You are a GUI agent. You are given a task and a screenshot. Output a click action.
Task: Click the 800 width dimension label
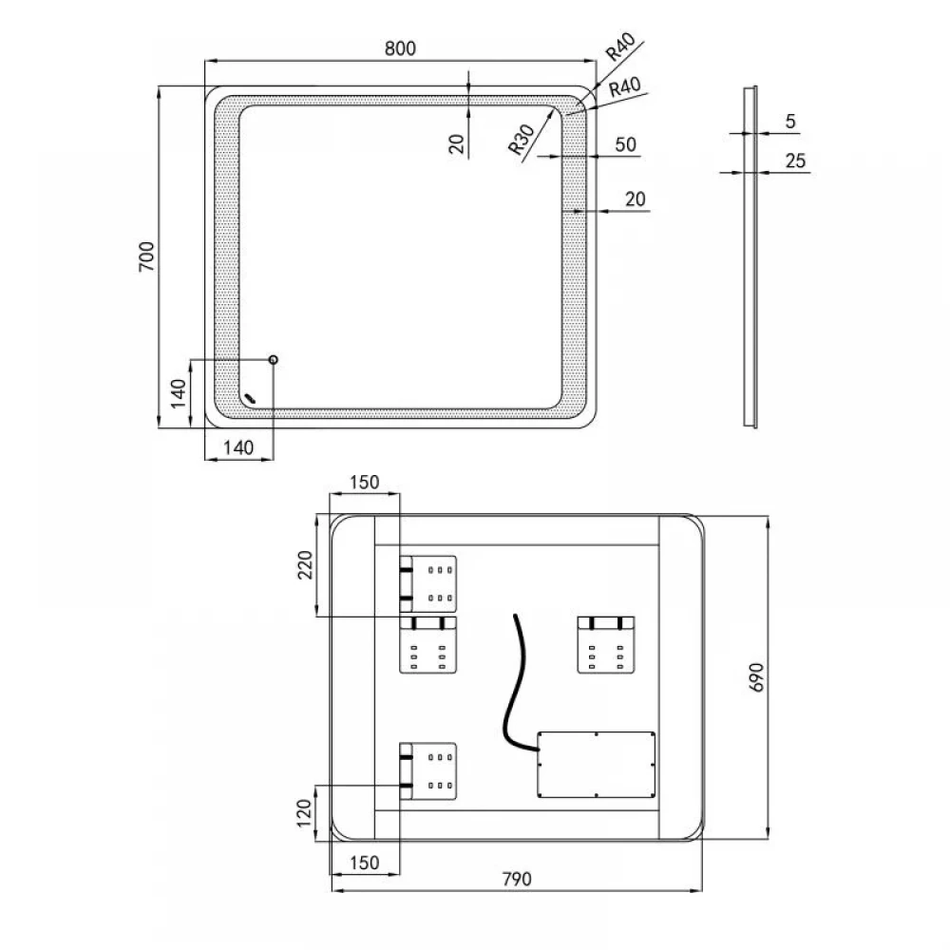(401, 47)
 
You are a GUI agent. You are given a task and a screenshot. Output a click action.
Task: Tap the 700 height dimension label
(147, 256)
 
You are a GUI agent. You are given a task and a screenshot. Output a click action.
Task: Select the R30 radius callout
(521, 140)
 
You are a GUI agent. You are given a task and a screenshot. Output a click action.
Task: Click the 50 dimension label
(625, 144)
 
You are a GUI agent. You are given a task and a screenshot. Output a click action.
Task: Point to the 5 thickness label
(790, 122)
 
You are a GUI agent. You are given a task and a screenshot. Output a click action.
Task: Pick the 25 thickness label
(795, 161)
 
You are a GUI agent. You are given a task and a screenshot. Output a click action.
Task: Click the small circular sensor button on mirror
(274, 360)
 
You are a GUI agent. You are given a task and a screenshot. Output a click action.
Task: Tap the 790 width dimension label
(517, 879)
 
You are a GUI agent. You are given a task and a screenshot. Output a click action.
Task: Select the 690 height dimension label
(757, 677)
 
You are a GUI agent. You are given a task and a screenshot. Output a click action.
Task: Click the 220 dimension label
(305, 564)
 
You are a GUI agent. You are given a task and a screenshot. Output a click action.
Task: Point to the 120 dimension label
(304, 812)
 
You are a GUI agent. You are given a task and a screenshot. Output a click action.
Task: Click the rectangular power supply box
(597, 765)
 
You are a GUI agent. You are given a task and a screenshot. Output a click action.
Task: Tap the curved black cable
(515, 685)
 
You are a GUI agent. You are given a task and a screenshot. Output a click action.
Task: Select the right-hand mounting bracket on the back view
(606, 645)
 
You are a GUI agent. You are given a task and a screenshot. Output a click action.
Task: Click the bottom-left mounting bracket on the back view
(427, 771)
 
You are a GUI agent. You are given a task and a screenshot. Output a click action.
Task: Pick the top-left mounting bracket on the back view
(427, 584)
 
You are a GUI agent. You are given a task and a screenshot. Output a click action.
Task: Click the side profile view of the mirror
(750, 256)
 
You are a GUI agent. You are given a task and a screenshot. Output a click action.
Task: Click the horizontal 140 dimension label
(238, 447)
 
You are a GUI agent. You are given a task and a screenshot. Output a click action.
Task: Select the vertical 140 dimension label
(179, 394)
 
